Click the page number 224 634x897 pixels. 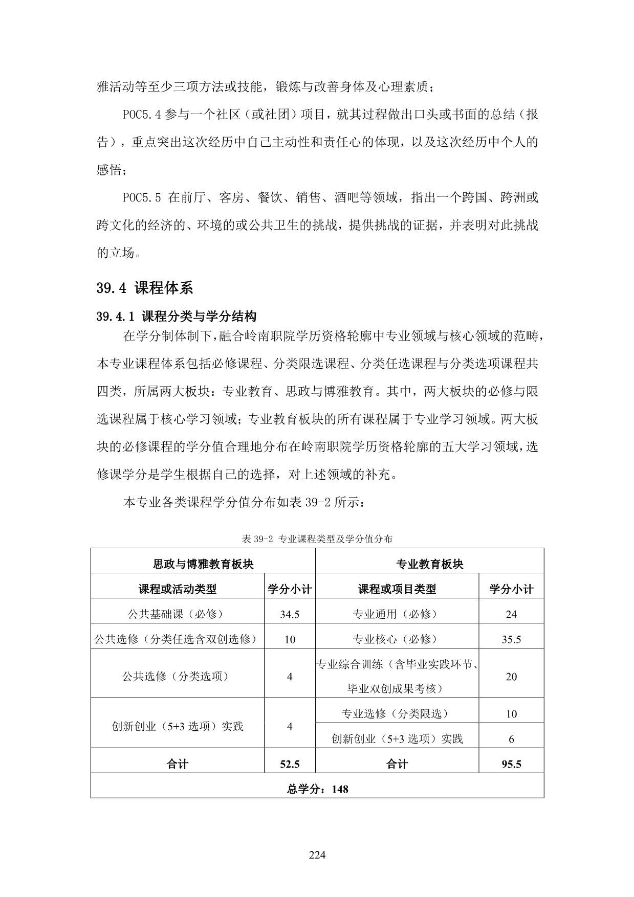point(317,855)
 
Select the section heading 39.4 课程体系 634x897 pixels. point(145,288)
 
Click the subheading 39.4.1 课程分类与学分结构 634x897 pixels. point(176,317)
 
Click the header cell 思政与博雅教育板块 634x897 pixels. point(203,564)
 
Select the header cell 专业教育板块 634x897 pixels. point(429,564)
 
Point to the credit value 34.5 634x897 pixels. point(290,614)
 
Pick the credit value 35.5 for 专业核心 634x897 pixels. point(511,639)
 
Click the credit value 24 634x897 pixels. point(511,614)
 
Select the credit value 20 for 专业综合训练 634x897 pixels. point(511,677)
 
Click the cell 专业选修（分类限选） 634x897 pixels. point(395,714)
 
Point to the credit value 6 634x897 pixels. point(511,739)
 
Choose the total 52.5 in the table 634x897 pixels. point(290,764)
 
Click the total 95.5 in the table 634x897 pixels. point(511,764)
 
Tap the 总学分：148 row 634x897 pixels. point(317,789)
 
